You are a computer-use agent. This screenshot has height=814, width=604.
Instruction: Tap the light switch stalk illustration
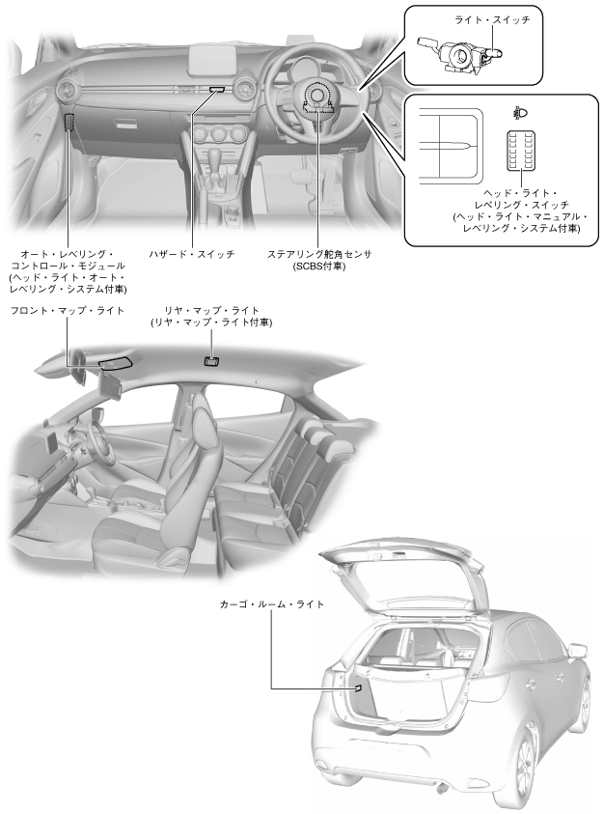[457, 54]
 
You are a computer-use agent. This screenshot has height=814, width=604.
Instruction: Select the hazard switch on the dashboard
[214, 89]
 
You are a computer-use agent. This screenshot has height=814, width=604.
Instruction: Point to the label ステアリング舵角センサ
[319, 253]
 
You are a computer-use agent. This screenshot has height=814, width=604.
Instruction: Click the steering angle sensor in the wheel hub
[319, 98]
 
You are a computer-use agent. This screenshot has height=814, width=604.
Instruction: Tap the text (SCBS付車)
[319, 266]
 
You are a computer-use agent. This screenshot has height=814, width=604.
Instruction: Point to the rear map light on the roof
[211, 361]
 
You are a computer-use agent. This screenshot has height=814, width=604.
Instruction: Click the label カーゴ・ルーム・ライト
[271, 603]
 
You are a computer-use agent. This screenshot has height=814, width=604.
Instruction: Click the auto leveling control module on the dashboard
[69, 124]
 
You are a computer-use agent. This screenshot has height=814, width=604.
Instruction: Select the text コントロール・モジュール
[67, 265]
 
